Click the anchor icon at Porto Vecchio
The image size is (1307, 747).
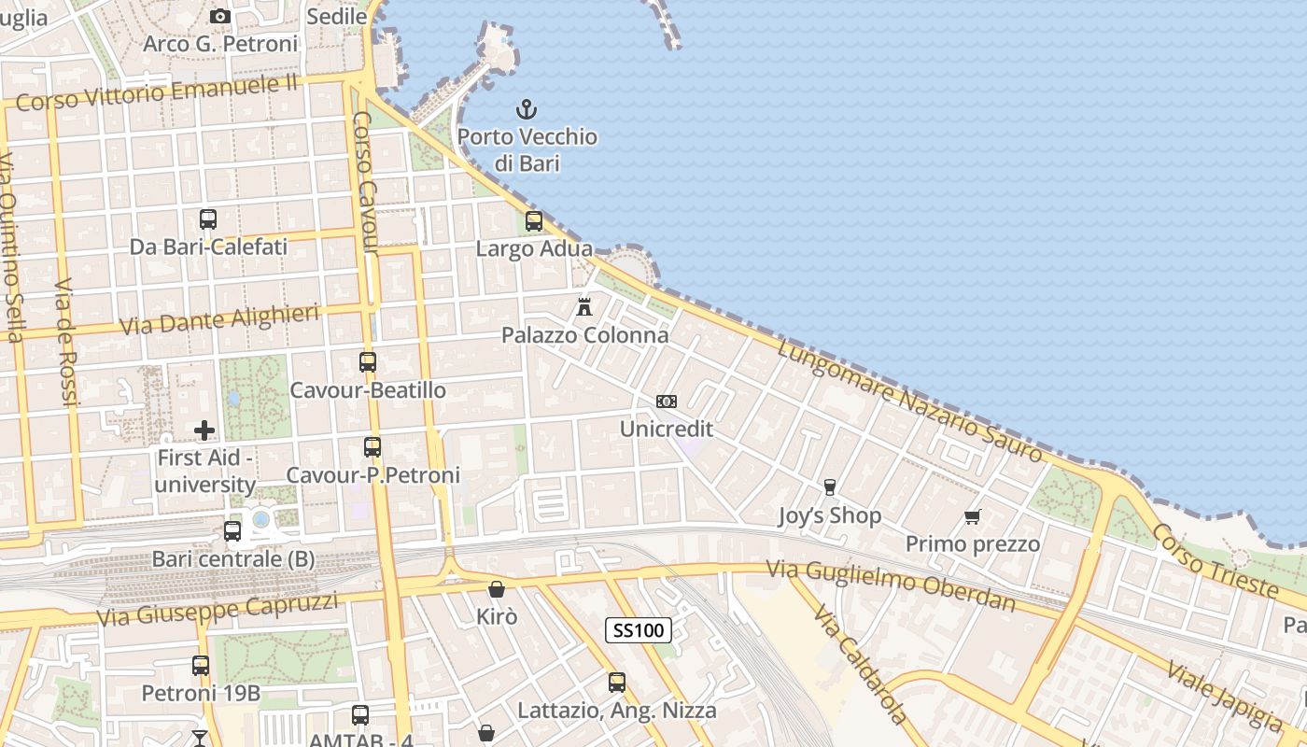click(527, 109)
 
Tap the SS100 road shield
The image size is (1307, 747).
click(639, 630)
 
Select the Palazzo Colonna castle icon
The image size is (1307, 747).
click(584, 306)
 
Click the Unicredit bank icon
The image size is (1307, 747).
click(667, 402)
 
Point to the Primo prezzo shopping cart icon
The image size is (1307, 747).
click(973, 516)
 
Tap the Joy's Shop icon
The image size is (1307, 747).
click(829, 487)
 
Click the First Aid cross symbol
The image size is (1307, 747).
click(204, 430)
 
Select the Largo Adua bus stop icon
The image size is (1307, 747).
click(534, 221)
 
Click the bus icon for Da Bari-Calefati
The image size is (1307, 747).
click(208, 219)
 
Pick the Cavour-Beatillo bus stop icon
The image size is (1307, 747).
click(368, 362)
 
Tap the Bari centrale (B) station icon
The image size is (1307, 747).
click(232, 531)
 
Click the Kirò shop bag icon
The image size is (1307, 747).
click(497, 589)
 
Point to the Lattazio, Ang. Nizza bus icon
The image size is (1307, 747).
click(617, 683)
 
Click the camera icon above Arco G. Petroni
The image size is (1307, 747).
click(220, 16)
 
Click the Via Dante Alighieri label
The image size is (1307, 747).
click(219, 319)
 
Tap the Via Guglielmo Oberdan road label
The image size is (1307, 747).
click(891, 585)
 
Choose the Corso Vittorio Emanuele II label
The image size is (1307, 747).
click(157, 92)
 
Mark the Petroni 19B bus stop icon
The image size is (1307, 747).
click(201, 666)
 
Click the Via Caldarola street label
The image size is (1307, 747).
click(860, 663)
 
